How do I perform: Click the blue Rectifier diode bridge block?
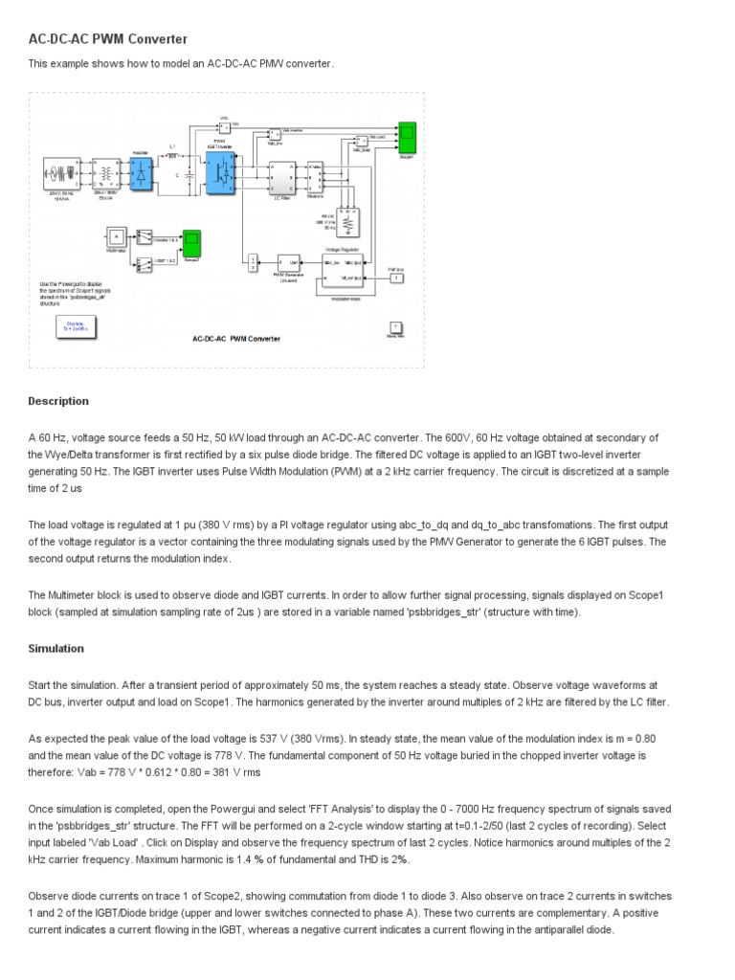(x=142, y=177)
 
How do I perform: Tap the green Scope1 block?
(x=406, y=138)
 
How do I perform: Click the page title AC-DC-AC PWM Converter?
(x=108, y=39)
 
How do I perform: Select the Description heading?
(x=58, y=401)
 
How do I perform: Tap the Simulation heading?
(x=56, y=648)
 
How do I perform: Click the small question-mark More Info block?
(x=395, y=326)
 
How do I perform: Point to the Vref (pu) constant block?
(x=396, y=278)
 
